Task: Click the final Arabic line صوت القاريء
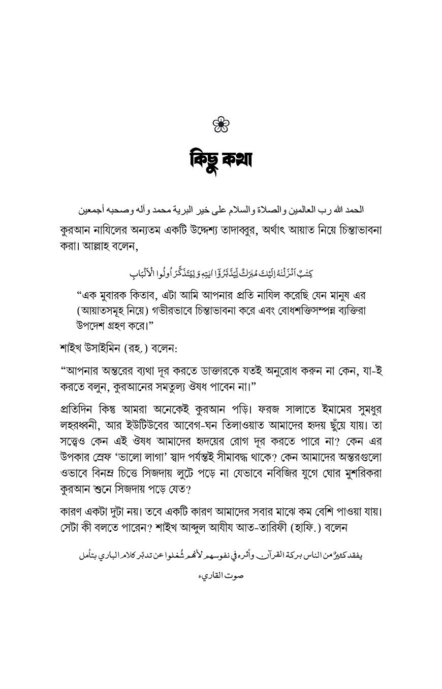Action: (220, 577)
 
